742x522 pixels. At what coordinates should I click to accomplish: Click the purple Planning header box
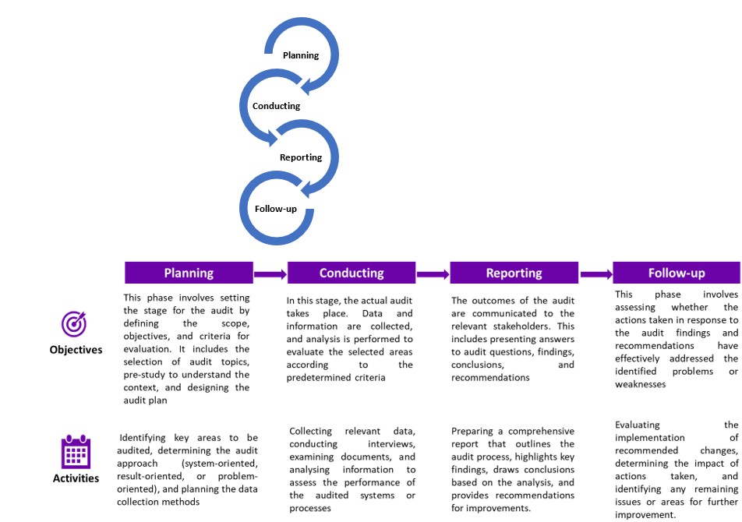point(189,273)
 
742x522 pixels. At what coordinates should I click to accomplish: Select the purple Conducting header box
point(352,273)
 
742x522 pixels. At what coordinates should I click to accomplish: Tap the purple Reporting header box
point(514,273)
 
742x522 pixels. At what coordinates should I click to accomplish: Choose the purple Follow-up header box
point(677,273)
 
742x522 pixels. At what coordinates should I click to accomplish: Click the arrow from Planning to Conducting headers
point(270,274)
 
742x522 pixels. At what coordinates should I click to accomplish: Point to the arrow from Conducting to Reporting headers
point(433,274)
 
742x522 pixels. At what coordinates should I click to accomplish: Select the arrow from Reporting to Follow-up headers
point(596,274)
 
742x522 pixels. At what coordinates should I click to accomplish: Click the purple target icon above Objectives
point(74,324)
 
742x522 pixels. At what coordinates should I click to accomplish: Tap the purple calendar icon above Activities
point(76,452)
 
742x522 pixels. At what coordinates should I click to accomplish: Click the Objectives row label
point(76,350)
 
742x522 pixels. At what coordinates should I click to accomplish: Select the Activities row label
point(76,478)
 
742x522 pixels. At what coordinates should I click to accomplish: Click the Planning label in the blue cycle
point(301,55)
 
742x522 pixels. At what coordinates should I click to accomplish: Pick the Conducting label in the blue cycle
point(277,106)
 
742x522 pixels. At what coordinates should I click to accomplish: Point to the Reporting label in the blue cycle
point(301,157)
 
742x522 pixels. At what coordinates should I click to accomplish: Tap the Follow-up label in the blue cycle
point(276,209)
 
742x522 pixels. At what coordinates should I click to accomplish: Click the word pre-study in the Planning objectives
point(144,375)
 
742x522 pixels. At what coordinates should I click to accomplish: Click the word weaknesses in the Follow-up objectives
point(640,384)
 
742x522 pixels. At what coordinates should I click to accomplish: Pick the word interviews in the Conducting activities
point(392,444)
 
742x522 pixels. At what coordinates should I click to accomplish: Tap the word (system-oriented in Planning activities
point(220,464)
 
